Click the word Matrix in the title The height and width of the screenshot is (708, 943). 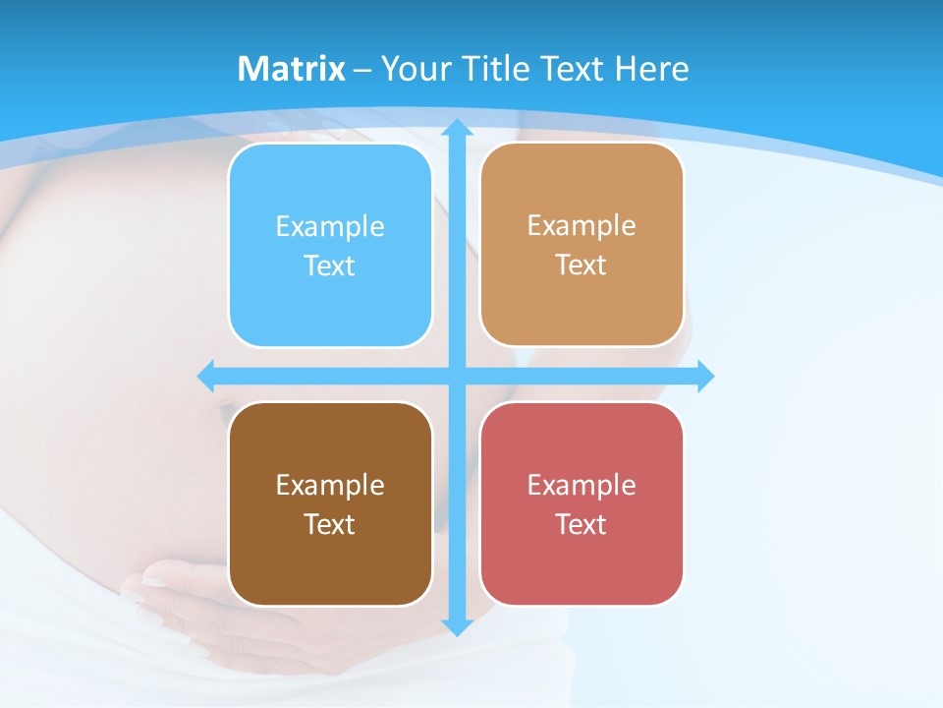pyautogui.click(x=291, y=69)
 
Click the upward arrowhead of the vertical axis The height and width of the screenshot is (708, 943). pyautogui.click(x=457, y=127)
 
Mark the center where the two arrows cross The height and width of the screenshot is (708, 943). pyautogui.click(x=457, y=376)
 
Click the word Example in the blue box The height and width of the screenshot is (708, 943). pyautogui.click(x=330, y=227)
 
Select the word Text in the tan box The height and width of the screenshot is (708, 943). pyautogui.click(x=581, y=265)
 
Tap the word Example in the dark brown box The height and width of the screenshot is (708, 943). pyautogui.click(x=330, y=486)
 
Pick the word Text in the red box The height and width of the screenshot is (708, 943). pyautogui.click(x=581, y=524)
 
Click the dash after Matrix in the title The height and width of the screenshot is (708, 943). pyautogui.click(x=362, y=70)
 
